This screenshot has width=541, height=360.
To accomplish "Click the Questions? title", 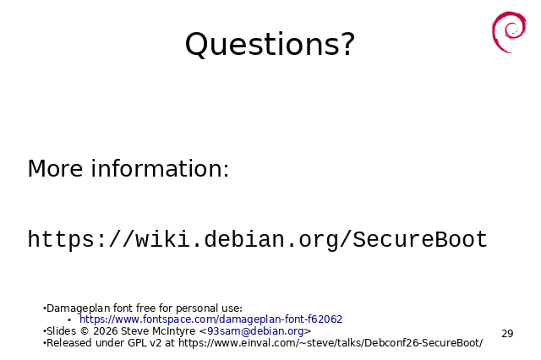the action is pos(270,44).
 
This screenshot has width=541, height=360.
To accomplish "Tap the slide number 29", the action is pos(507,334).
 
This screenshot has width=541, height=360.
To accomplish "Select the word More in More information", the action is pos(55,169).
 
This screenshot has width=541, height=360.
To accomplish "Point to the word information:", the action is pos(160,169).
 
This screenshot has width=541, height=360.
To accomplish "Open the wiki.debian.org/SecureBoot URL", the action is pos(257,239).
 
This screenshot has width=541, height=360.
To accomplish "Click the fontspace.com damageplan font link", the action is pos(210,319).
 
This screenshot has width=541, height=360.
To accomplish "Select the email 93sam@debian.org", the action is pos(255,331).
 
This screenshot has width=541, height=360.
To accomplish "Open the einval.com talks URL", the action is pos(331,343).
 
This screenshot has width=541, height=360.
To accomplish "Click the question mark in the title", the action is pos(348,43).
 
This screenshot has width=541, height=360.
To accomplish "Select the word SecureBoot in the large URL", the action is pos(420,239).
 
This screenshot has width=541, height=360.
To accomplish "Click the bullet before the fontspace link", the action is pos(69,320).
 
